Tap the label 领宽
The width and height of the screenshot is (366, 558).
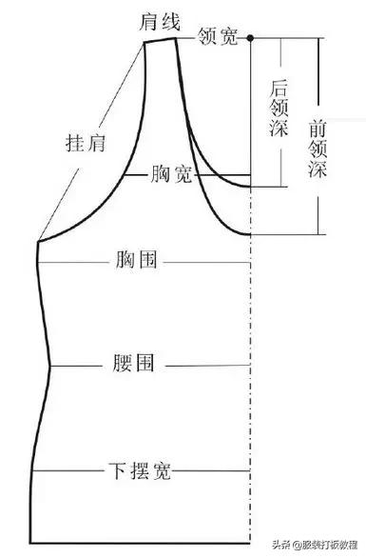click(218, 37)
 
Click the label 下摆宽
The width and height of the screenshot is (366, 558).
click(138, 470)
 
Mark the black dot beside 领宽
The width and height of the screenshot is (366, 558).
click(251, 38)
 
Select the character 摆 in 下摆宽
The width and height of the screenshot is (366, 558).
click(138, 470)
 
